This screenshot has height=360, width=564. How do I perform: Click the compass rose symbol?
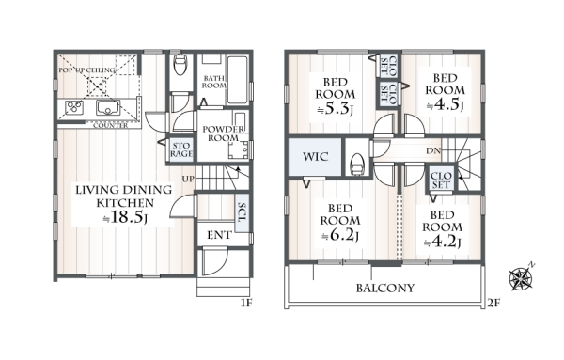point(521,277)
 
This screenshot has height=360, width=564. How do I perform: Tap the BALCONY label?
point(385,288)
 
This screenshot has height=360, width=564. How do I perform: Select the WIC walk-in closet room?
point(315,157)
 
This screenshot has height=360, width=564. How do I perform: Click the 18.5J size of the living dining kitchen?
point(124,217)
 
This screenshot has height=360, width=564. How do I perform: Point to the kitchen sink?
point(108,107)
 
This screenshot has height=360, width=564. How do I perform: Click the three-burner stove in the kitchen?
point(74,107)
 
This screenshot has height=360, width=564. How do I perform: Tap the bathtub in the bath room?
point(238,80)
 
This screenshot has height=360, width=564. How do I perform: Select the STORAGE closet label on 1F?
point(180,149)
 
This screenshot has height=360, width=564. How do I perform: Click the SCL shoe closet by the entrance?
point(243,213)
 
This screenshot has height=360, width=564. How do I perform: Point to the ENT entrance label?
point(219,236)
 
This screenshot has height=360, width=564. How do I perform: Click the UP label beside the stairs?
point(188,179)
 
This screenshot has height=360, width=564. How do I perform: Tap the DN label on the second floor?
point(433,151)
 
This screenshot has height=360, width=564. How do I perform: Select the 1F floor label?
point(246,304)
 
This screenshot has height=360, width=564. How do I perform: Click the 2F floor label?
point(493,304)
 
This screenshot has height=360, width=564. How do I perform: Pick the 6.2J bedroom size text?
point(339,236)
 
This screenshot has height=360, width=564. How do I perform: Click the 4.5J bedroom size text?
point(445,104)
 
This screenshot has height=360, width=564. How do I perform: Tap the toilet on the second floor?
point(357,164)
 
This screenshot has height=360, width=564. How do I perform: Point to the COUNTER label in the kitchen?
point(110,126)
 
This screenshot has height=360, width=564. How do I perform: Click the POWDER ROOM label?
point(223,133)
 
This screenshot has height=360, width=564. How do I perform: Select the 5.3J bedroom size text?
point(335,109)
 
